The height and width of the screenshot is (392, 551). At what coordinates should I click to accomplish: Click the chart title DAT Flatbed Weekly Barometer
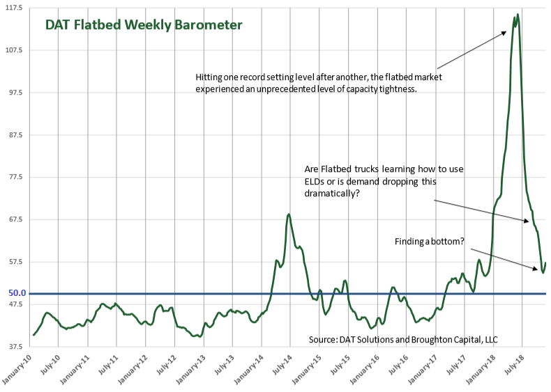[144, 25]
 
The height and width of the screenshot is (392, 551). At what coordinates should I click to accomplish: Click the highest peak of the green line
[517, 15]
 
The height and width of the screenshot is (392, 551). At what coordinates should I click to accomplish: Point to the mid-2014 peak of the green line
[289, 214]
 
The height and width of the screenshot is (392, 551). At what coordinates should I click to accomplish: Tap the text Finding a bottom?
[429, 242]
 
